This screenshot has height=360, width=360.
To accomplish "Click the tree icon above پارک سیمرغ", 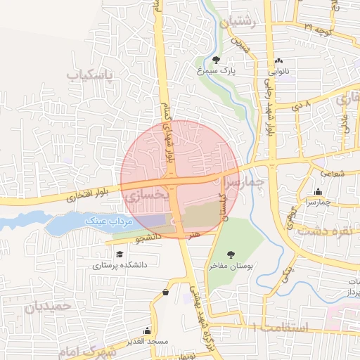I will tap(215, 60).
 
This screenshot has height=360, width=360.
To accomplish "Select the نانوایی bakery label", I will tap(279, 71).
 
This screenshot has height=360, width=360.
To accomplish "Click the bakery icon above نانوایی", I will tap(279, 60).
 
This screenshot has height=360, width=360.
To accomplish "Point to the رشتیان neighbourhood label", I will tap(239, 23).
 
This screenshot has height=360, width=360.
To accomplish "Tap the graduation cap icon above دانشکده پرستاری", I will tap(120, 254).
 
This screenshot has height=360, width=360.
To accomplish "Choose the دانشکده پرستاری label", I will tap(118, 266).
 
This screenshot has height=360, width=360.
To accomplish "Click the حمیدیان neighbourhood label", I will tap(49, 307).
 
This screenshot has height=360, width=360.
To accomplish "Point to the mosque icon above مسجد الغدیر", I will tap(147, 330).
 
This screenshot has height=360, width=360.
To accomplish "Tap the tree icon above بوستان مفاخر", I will tap(231, 255).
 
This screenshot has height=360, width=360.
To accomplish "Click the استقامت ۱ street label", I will tap(279, 328).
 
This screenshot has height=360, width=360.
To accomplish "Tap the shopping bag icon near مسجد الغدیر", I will tap(165, 292).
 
